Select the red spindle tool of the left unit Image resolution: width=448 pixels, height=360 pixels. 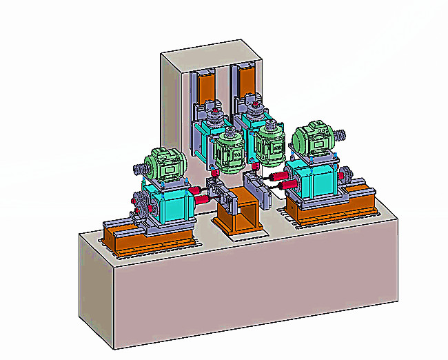pyautogui.click(x=201, y=199)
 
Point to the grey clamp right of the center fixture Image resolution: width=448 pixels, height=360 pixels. pyautogui.click(x=261, y=186)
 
